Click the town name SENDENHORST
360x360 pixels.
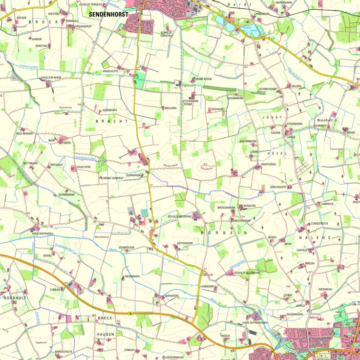[108, 15]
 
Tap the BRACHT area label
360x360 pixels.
[111, 121]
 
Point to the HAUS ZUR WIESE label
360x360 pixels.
[51, 77]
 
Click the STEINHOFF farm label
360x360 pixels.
[218, 109]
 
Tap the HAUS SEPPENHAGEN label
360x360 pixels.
[255, 322]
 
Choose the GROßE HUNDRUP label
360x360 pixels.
[113, 178]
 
